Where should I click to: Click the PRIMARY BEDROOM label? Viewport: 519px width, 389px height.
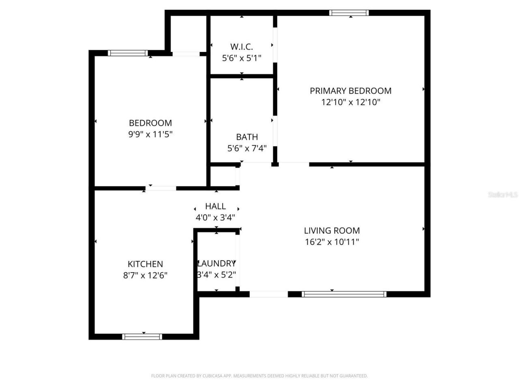click(x=351, y=91)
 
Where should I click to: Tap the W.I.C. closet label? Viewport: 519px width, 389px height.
click(x=241, y=47)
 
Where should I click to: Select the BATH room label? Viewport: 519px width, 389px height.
click(x=247, y=137)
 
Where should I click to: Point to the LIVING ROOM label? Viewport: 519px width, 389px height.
click(x=332, y=231)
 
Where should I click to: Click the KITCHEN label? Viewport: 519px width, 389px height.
click(x=145, y=264)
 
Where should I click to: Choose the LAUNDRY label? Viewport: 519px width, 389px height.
click(x=216, y=263)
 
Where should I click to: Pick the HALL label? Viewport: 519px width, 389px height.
click(x=215, y=206)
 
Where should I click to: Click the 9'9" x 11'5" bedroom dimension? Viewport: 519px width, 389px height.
click(x=150, y=134)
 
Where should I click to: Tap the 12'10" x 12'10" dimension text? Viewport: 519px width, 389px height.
click(x=351, y=102)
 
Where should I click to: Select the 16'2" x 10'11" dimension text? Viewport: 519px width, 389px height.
click(x=332, y=242)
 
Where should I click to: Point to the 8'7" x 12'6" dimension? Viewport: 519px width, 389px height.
click(x=145, y=276)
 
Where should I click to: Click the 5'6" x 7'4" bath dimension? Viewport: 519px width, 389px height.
click(x=247, y=148)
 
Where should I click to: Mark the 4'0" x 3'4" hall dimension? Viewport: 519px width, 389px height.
click(x=215, y=218)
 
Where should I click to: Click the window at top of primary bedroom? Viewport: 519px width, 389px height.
click(x=349, y=13)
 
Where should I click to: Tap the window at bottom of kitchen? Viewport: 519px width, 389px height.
click(x=142, y=336)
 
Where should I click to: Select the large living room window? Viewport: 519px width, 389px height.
click(x=344, y=294)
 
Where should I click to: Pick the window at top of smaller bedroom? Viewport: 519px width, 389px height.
click(x=128, y=53)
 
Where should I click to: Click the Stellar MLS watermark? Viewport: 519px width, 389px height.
click(x=503, y=195)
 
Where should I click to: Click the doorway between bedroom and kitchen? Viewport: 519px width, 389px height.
click(x=161, y=188)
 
